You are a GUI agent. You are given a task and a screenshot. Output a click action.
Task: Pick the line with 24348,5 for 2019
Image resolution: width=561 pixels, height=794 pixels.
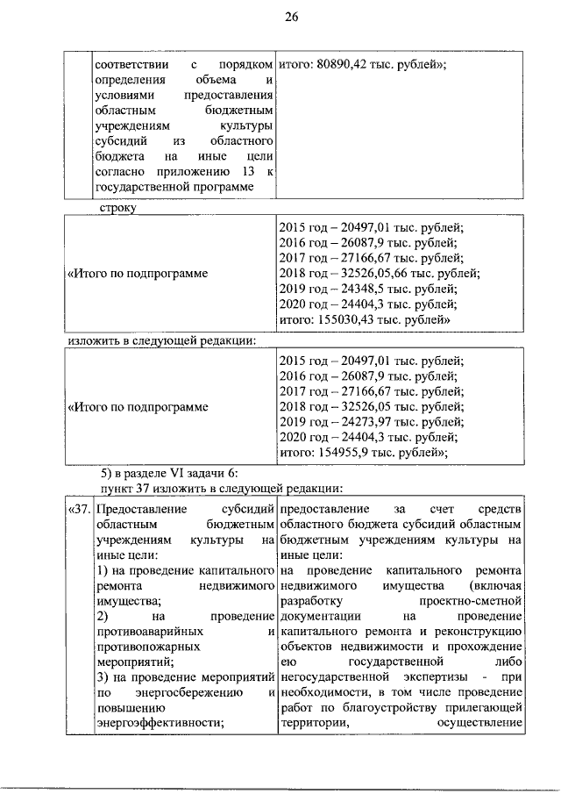point(367,289)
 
